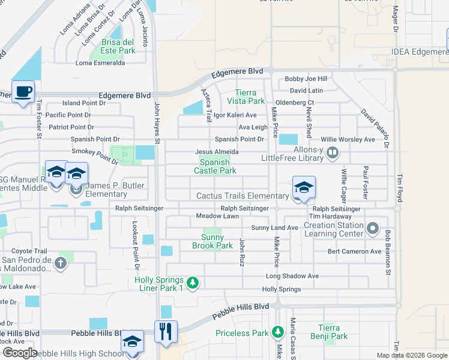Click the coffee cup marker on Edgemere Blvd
point(23,92)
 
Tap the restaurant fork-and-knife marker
point(166,331)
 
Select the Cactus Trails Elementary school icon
point(304,187)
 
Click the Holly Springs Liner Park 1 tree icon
point(192,282)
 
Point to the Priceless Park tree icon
point(277,332)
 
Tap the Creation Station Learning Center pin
point(373,229)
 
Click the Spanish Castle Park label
point(214,166)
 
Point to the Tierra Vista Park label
point(246,97)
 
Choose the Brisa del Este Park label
point(118,46)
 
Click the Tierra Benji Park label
point(332,332)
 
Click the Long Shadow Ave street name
point(292,276)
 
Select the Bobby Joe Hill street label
point(306,79)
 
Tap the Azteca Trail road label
point(205,103)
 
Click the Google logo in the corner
point(20,352)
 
